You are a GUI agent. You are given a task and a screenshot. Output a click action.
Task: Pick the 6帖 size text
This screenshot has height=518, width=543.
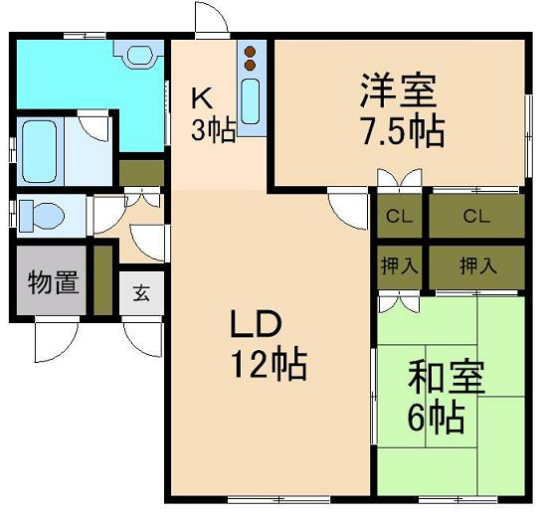435,418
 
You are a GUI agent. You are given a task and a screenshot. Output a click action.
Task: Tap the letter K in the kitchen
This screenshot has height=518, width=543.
200,97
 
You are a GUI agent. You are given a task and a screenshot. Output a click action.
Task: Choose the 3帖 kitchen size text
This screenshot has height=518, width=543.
212,130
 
